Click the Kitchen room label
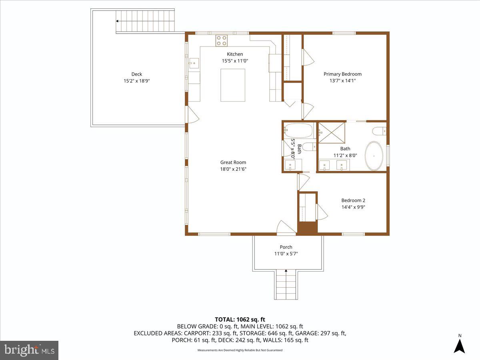click(x=235, y=54)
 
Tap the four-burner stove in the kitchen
click(x=221, y=40)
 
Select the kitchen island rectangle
click(x=233, y=85)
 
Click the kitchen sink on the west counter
click(x=194, y=63)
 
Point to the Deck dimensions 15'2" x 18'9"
click(x=137, y=81)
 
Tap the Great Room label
click(x=233, y=162)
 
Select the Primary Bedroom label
click(x=342, y=74)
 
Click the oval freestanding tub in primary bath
click(x=374, y=156)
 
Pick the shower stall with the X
click(x=331, y=133)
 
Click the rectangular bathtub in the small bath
click(x=298, y=130)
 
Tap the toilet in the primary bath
click(x=378, y=131)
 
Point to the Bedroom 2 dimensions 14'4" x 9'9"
click(x=353, y=207)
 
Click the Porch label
click(x=286, y=247)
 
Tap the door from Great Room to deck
click(x=192, y=114)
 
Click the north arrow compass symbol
click(x=460, y=345)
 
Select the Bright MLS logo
click(x=29, y=350)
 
